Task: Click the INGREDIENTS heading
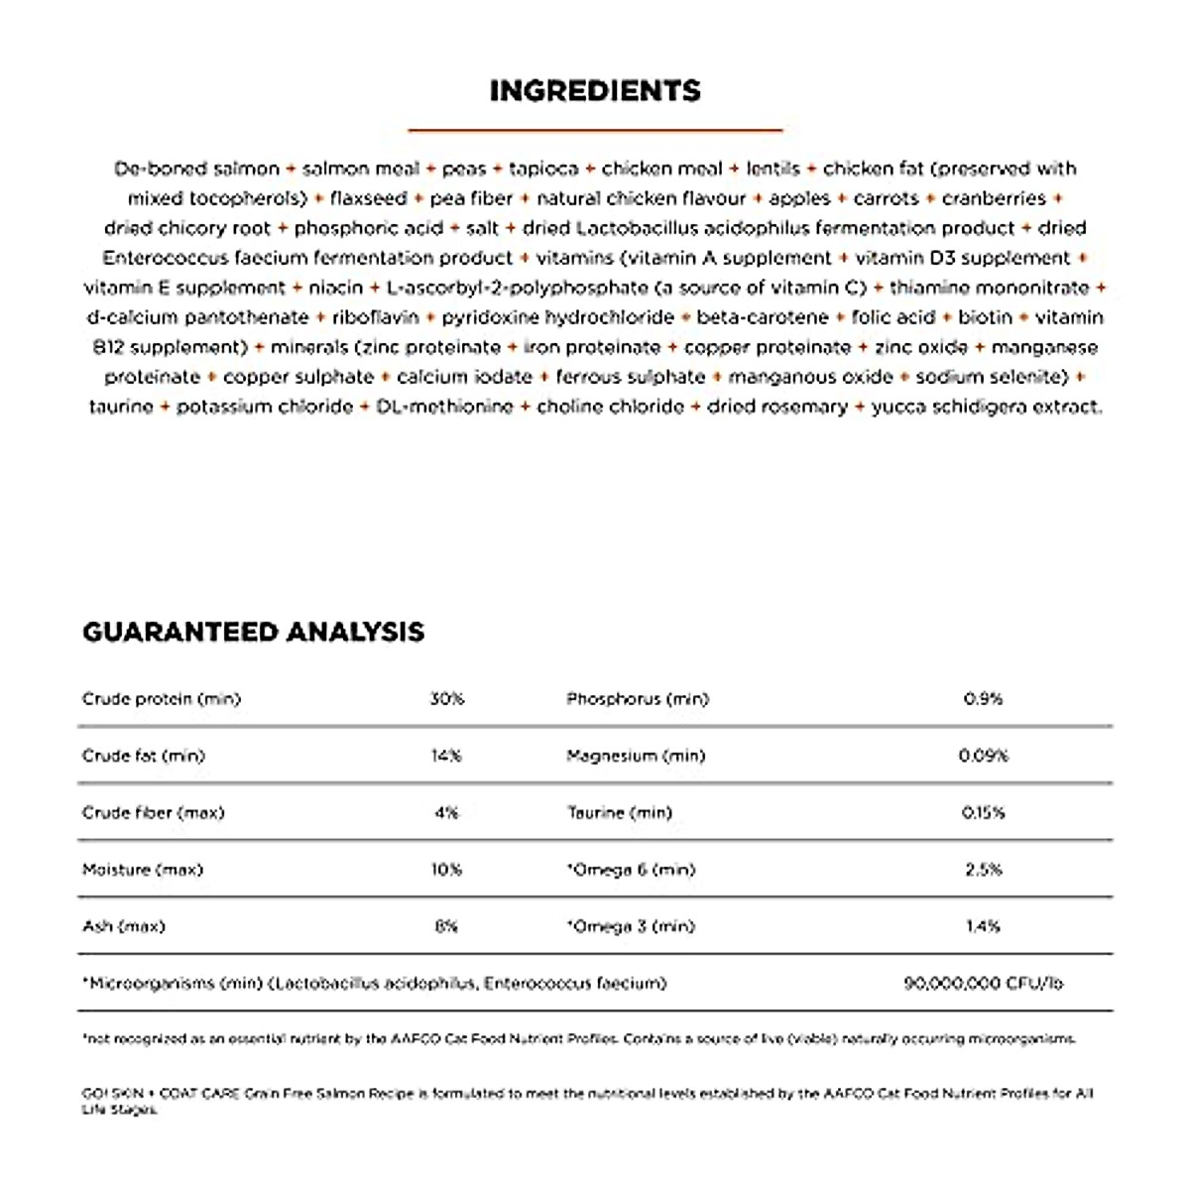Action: (x=595, y=90)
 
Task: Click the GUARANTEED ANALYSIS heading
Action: (x=253, y=632)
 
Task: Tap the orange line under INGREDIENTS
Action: (x=595, y=129)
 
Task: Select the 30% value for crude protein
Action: (x=446, y=699)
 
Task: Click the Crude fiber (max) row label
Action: (x=154, y=813)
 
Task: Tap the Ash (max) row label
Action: (x=124, y=926)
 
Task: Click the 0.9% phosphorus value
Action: (x=983, y=699)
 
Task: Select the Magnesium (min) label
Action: (x=636, y=756)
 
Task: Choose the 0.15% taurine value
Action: (x=983, y=813)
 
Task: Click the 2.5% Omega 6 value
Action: (x=983, y=870)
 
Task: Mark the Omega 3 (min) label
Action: (x=631, y=926)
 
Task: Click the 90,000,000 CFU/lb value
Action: (x=983, y=984)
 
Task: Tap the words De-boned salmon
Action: (x=196, y=169)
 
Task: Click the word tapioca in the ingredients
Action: (x=543, y=169)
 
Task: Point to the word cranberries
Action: (x=994, y=198)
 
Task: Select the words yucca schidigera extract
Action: (x=986, y=407)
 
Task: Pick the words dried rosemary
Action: (x=776, y=407)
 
